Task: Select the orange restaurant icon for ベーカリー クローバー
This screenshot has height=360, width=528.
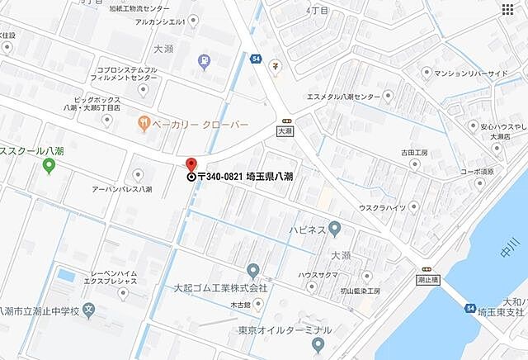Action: coord(144,124)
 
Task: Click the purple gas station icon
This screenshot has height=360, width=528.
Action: coord(204,61)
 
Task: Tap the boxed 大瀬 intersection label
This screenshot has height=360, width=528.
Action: coord(285,130)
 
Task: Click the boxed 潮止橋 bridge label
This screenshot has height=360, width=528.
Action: coord(427,280)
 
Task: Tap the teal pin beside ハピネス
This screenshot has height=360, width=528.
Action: coord(334,227)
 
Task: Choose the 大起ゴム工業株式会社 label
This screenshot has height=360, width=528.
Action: coord(220,288)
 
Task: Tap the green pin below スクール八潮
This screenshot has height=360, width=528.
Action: coord(49,166)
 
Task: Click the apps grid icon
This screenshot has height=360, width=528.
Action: coord(507,9)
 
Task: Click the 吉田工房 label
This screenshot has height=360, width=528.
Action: coord(414,153)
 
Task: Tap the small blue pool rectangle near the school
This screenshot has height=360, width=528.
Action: coord(65,275)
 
